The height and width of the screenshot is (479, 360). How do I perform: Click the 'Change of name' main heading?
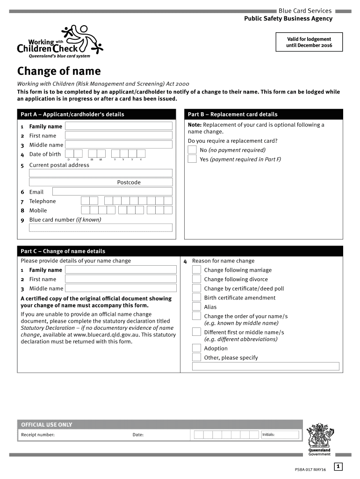point(59,71)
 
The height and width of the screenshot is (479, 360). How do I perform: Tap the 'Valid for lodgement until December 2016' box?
point(309,42)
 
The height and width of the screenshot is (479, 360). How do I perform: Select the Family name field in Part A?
point(118,126)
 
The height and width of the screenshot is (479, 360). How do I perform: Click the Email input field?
point(112,191)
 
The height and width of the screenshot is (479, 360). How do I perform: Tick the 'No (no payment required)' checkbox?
point(192,150)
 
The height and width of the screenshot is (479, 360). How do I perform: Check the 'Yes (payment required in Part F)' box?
point(192,159)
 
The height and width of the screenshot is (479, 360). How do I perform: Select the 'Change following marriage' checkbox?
point(197,270)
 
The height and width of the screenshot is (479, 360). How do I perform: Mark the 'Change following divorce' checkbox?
point(197,279)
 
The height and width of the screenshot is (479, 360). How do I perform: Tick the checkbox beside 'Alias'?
point(197,307)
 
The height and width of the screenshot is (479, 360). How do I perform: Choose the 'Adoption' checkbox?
point(197,348)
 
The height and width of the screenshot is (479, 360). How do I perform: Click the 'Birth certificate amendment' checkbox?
point(197,298)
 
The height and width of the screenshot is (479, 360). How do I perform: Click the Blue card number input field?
point(101,228)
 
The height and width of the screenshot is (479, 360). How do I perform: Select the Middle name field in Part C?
point(118,289)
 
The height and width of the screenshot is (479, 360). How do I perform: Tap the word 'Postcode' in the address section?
point(129,182)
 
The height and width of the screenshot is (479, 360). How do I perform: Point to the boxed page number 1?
point(338,466)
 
